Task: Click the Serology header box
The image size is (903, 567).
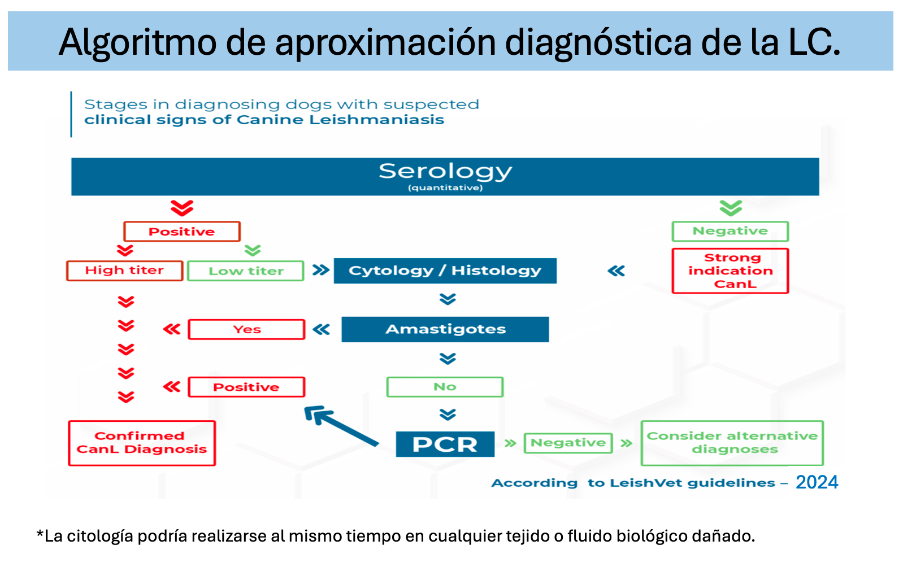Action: (x=445, y=177)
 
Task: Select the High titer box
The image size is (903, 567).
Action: (x=124, y=271)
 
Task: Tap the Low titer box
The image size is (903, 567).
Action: (x=246, y=271)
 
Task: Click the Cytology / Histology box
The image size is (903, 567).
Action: (x=445, y=271)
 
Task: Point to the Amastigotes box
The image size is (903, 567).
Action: (x=445, y=329)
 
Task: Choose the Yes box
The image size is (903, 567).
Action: (x=246, y=329)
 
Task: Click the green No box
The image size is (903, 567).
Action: (x=445, y=387)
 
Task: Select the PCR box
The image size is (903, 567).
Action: (x=445, y=444)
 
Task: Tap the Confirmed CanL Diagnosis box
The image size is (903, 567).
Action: (x=142, y=443)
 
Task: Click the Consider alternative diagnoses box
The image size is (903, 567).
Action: (x=732, y=443)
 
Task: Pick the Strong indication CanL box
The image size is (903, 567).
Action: (x=730, y=271)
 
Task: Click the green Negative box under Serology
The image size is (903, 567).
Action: (x=730, y=232)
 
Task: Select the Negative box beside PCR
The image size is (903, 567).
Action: (x=568, y=443)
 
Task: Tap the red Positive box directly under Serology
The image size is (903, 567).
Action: (x=182, y=232)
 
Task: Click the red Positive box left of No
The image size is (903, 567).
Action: (x=246, y=387)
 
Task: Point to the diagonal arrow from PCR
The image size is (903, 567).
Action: (x=341, y=426)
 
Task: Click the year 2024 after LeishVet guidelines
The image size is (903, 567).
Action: (x=817, y=482)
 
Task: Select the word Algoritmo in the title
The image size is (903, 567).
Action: (x=137, y=43)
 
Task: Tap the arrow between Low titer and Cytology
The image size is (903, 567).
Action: (x=321, y=270)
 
